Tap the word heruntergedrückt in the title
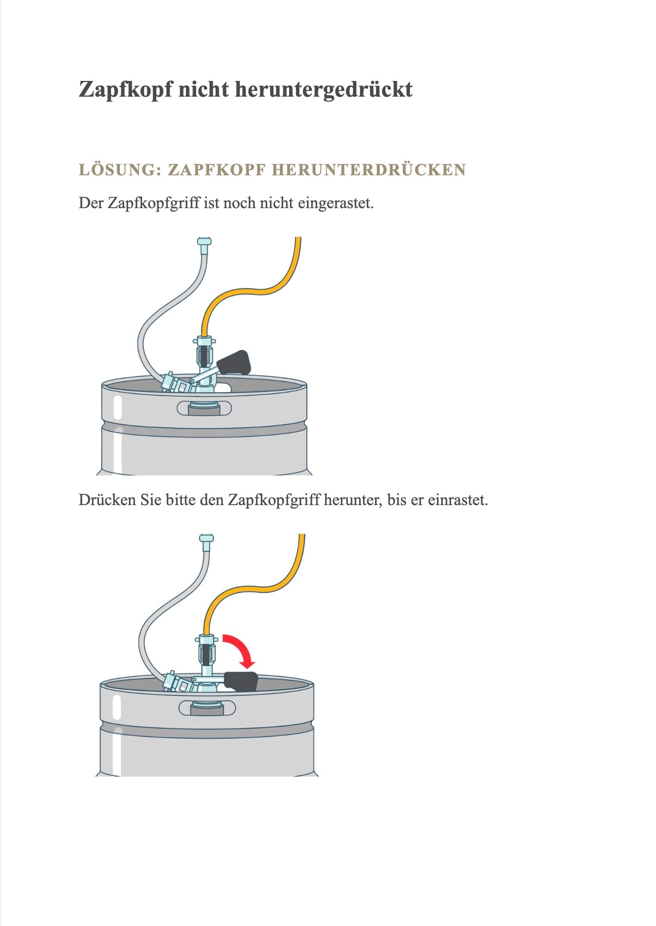(x=324, y=89)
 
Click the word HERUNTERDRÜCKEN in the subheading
(x=369, y=170)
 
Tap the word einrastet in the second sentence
(x=458, y=500)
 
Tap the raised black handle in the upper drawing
(x=234, y=362)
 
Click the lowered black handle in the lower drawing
(x=241, y=681)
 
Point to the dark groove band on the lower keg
(x=207, y=730)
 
